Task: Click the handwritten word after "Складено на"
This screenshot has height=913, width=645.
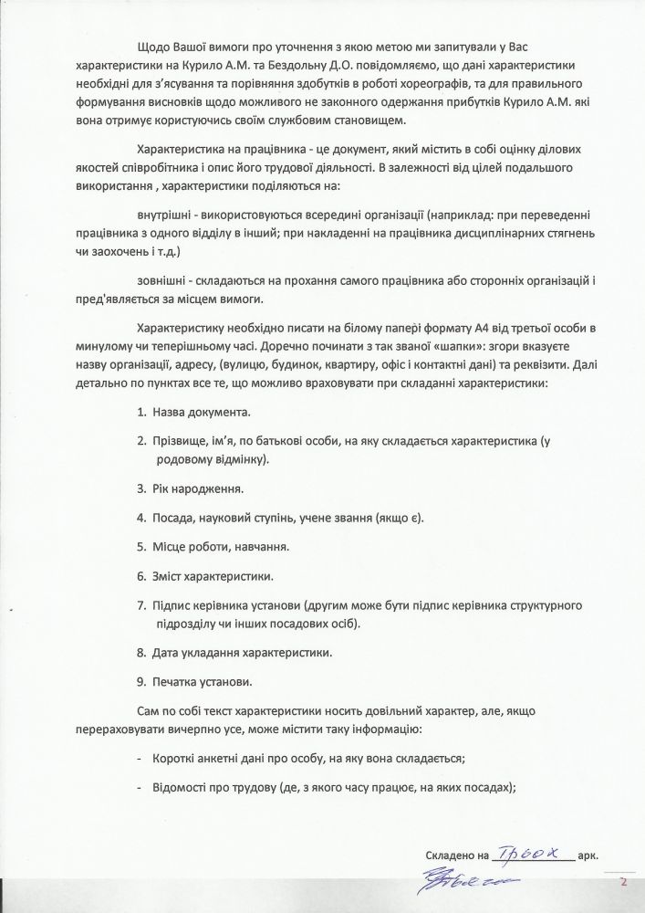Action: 533,855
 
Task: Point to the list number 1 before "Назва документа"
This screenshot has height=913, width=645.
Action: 141,413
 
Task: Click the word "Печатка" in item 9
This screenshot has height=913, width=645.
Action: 178,682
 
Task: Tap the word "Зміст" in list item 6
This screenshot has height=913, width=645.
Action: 170,577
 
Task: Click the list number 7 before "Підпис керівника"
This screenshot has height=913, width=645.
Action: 141,606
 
